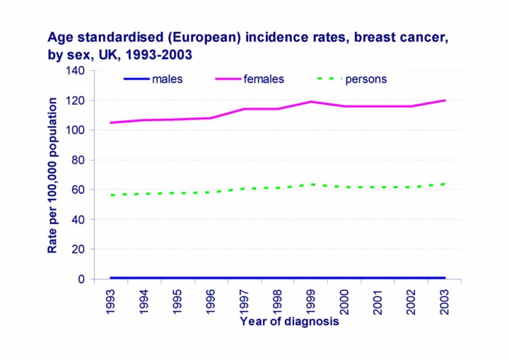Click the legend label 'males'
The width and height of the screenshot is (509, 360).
point(167,79)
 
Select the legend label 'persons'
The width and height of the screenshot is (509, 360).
point(365,79)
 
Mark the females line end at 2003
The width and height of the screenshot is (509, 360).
point(445,100)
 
